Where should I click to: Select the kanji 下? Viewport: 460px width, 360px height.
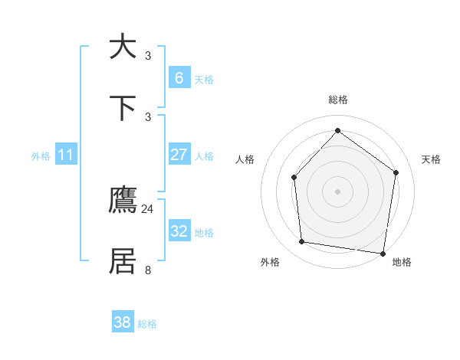click(123, 107)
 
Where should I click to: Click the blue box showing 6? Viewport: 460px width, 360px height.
click(179, 78)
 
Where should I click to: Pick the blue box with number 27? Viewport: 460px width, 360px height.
click(179, 155)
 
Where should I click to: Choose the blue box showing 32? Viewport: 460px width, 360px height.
click(179, 231)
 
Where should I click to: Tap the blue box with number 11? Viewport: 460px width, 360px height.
click(66, 155)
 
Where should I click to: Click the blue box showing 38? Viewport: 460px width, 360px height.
click(123, 322)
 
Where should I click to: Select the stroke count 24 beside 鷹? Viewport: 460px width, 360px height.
click(148, 208)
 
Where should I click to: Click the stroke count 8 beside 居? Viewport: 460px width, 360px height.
click(148, 270)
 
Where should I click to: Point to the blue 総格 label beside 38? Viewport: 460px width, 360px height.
click(147, 324)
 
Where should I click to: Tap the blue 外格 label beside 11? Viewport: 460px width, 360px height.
click(41, 156)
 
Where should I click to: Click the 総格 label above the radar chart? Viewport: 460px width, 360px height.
click(338, 100)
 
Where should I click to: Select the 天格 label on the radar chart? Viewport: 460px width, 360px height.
click(431, 159)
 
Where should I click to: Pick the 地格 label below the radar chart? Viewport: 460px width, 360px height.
click(402, 262)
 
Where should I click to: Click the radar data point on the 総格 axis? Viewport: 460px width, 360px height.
click(337, 130)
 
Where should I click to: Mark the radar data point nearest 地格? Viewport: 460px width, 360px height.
click(383, 253)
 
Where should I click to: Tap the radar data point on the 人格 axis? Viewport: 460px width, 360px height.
click(294, 178)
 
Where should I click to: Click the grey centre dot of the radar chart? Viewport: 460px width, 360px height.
click(337, 191)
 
